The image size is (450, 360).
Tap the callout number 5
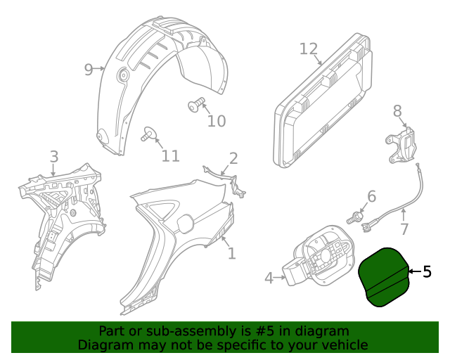[427, 272]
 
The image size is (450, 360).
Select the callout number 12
[309, 49]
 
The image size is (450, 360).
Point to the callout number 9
[89, 69]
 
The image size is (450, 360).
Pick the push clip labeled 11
[148, 134]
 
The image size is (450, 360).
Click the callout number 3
[54, 156]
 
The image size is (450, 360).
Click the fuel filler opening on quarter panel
[184, 223]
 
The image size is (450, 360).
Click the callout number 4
[269, 278]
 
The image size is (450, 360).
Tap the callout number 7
[404, 229]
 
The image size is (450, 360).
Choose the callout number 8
[397, 110]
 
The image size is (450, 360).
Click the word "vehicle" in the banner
[341, 345]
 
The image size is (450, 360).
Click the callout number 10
[217, 121]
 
